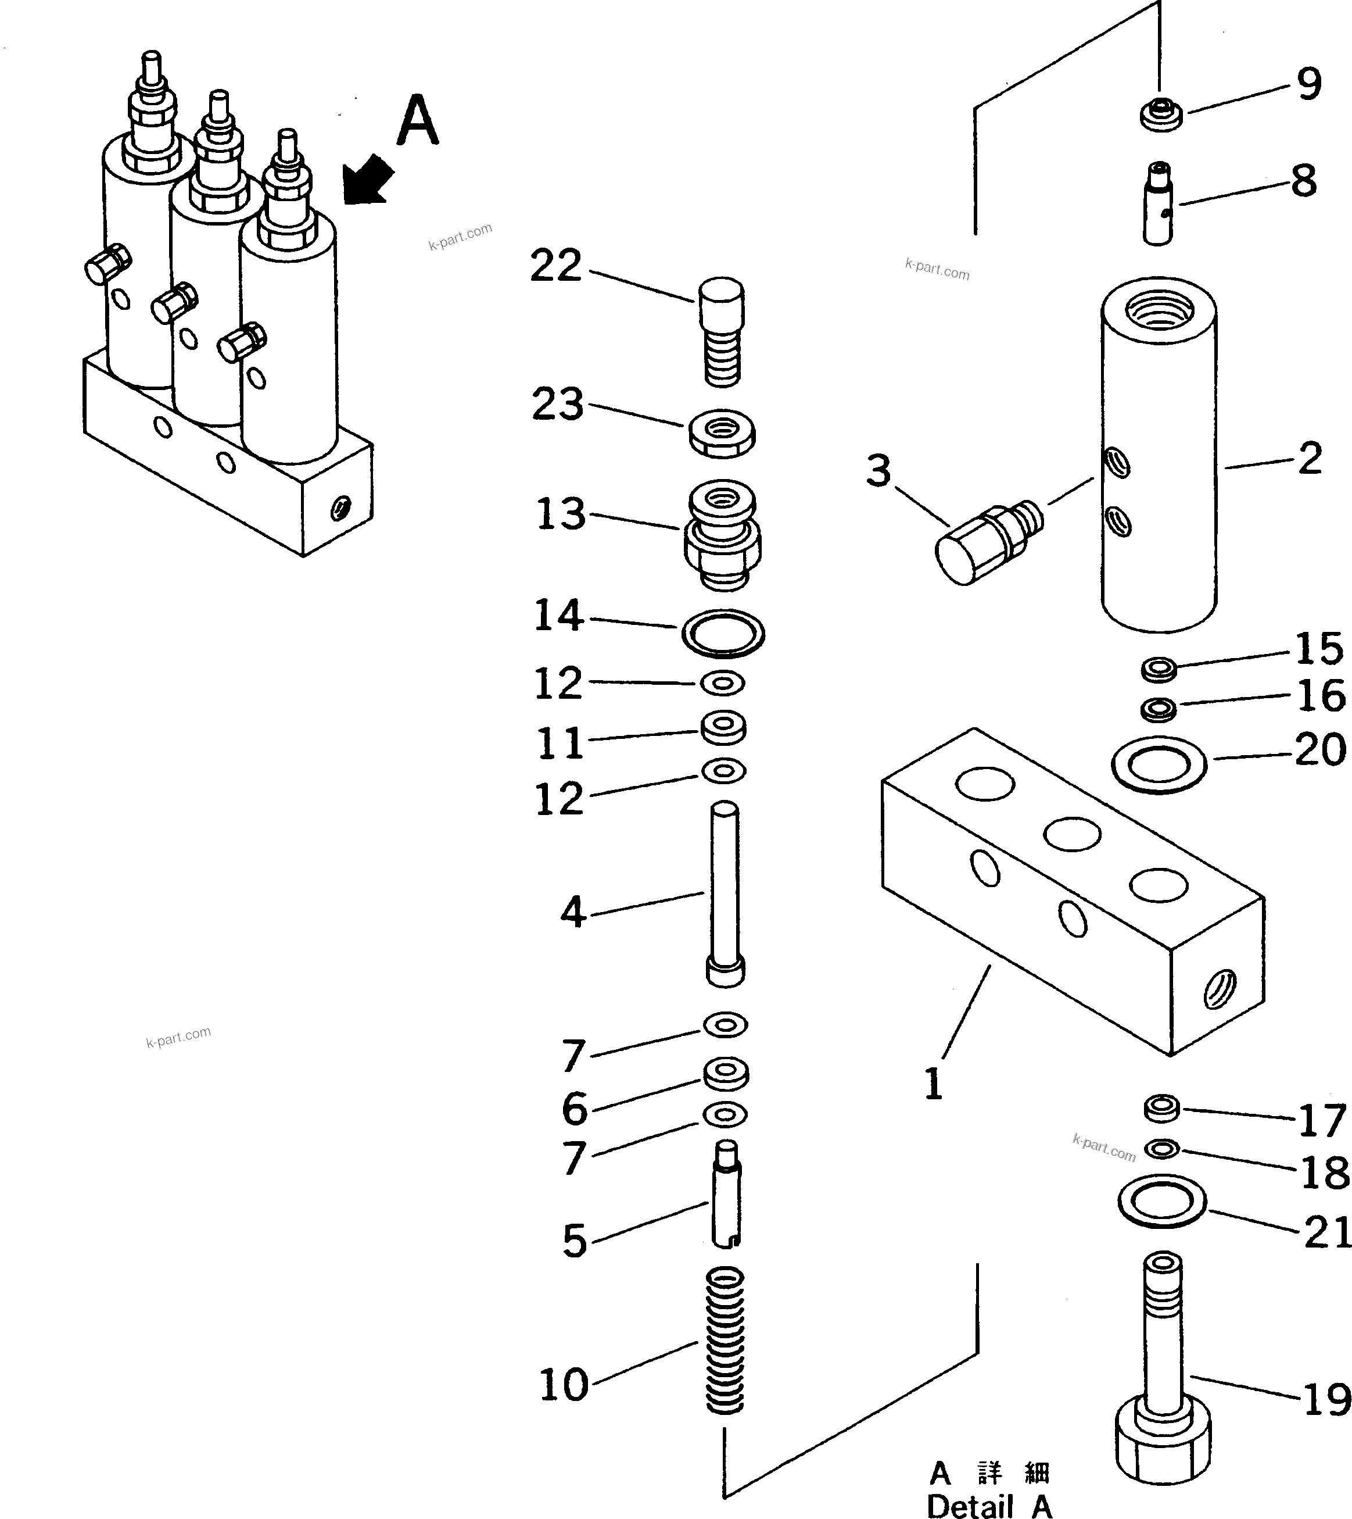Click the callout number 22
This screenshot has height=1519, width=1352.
pos(555,266)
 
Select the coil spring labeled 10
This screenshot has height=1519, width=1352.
pos(725,1341)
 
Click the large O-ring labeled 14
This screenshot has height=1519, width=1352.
pos(723,633)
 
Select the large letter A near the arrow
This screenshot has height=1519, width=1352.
pos(418,121)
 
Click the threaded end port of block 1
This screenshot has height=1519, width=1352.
pos(1218,989)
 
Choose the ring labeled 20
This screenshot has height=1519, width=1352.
pos(1159,764)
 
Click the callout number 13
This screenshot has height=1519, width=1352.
pos(561,514)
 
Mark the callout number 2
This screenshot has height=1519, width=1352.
pos(1310,459)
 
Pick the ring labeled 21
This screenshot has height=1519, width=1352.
pos(1162,1202)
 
